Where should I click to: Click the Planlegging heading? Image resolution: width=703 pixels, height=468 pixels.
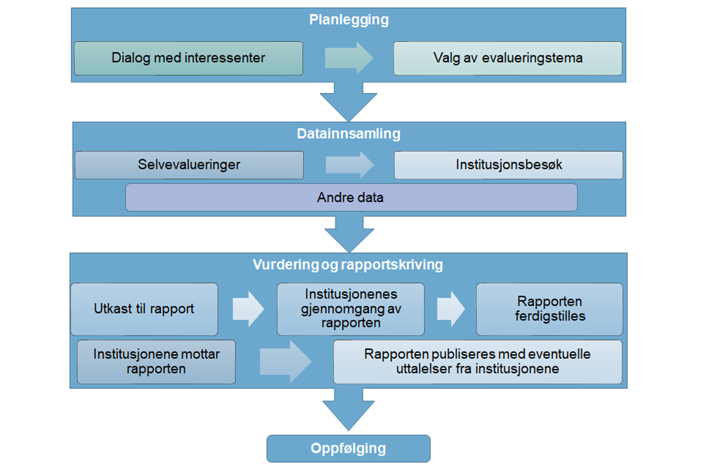349,20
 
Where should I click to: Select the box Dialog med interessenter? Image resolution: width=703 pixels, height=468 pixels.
188,58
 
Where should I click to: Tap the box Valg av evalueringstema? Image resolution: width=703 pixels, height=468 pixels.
508,58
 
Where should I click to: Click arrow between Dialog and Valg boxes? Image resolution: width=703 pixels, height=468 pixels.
348,58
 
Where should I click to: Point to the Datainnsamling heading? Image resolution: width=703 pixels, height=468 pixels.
348,134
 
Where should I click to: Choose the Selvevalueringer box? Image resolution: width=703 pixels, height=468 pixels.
189,165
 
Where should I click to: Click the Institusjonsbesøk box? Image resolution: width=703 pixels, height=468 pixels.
508,165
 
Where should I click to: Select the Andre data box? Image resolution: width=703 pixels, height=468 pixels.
351,197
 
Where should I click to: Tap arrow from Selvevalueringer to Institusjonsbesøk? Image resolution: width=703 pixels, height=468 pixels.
349,165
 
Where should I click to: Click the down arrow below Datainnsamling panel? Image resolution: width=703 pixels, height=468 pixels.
349,233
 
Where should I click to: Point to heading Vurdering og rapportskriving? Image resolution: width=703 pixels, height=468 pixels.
348,265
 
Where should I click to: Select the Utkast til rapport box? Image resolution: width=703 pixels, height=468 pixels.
144,309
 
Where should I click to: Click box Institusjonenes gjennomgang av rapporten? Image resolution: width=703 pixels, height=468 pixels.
350,309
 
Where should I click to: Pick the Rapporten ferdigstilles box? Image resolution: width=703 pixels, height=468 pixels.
549,309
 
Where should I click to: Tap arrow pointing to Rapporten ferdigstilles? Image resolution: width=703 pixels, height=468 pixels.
451,309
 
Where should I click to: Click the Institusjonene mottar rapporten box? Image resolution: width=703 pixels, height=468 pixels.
156,362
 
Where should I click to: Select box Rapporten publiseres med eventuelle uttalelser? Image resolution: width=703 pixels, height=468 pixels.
477,362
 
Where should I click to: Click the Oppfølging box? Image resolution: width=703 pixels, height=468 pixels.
348,448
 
